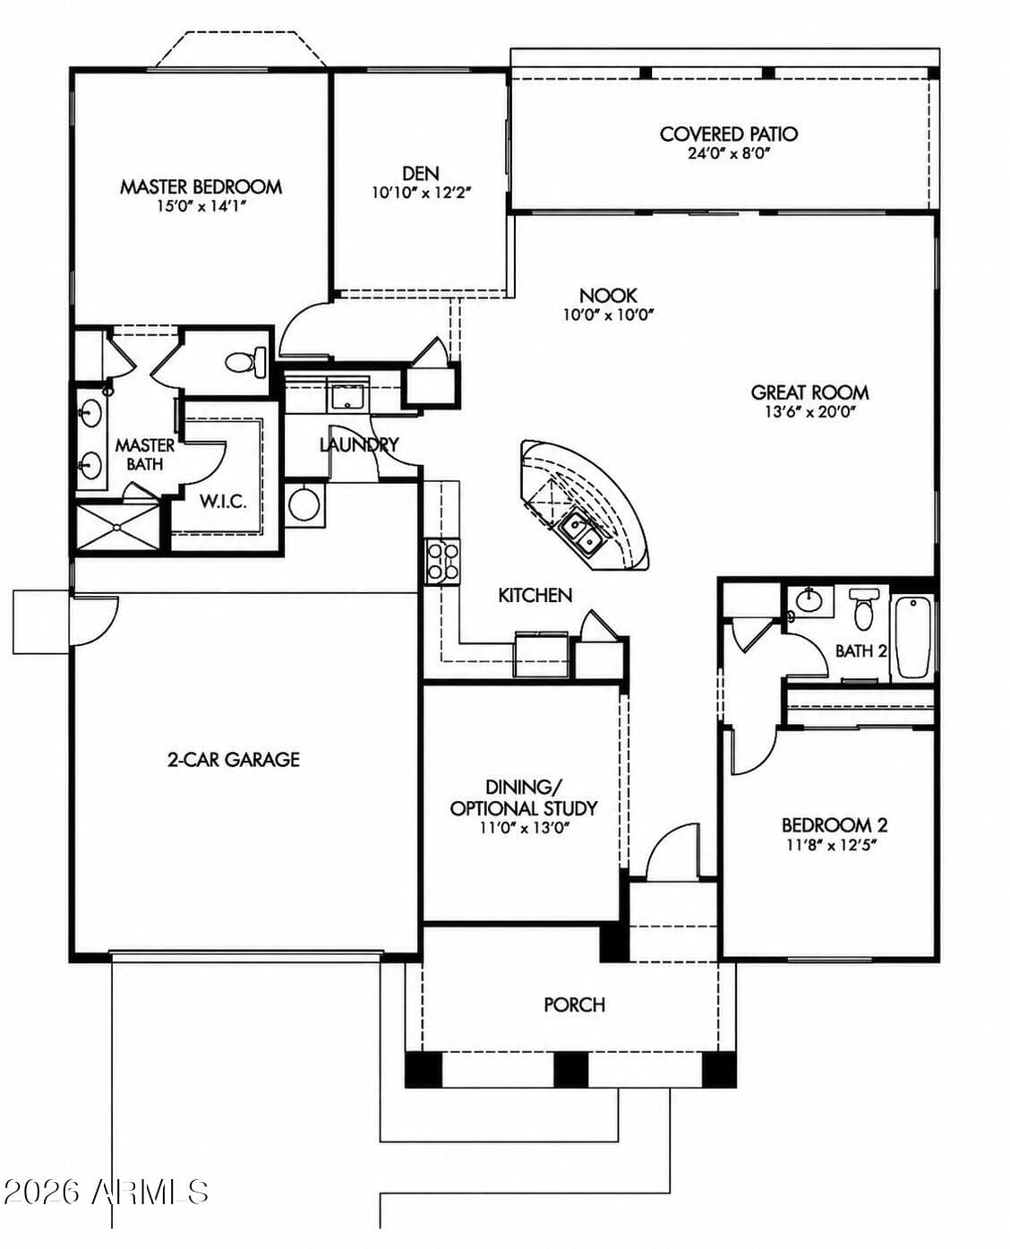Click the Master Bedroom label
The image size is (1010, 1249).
click(201, 187)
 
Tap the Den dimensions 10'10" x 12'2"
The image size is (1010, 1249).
click(421, 193)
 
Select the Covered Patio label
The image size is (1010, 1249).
click(728, 134)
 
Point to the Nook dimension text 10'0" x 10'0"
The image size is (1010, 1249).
click(608, 314)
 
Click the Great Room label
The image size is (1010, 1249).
click(809, 392)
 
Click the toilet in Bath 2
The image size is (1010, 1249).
click(863, 608)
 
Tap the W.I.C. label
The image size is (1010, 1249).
click(223, 502)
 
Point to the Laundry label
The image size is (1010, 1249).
click(359, 445)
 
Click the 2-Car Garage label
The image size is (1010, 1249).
click(234, 760)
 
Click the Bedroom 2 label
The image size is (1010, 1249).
click(835, 825)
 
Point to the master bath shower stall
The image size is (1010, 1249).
click(118, 527)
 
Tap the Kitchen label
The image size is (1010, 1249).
click(535, 596)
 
